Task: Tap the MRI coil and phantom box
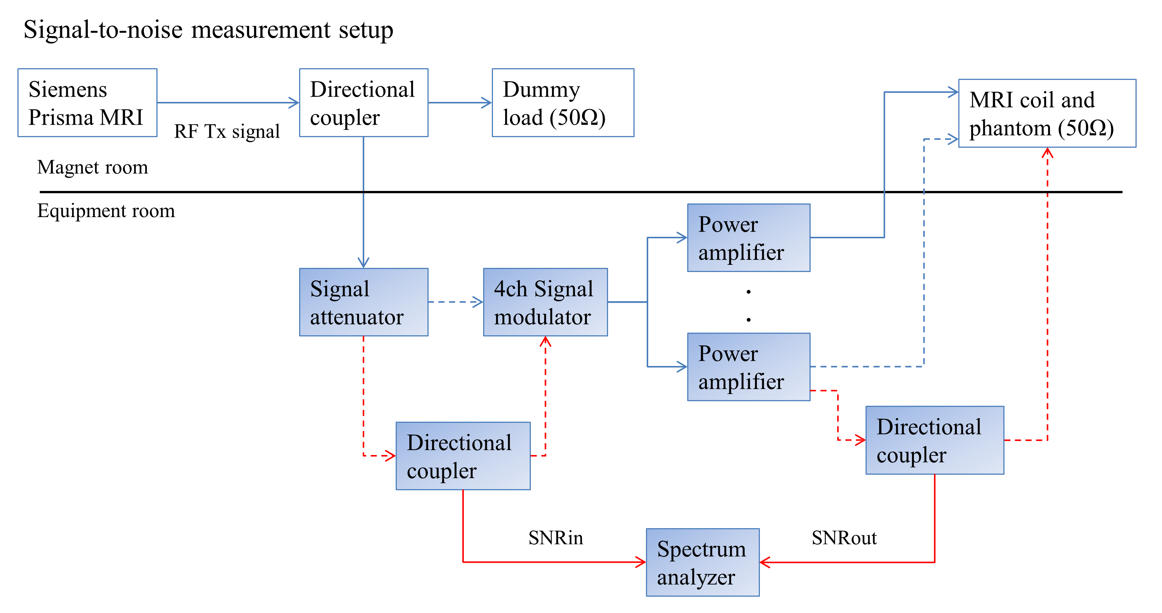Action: coord(1047,113)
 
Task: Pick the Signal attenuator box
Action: coord(363,302)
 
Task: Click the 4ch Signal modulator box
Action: coord(545,302)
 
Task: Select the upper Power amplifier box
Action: coord(749,238)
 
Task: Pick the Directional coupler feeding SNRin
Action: coord(463,456)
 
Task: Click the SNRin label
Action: coord(555,538)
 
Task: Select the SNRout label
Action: coord(844,538)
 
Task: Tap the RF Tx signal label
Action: coord(227,131)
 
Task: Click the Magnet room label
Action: coord(92,167)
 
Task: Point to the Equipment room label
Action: coord(106,211)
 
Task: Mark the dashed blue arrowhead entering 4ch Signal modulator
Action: coord(478,302)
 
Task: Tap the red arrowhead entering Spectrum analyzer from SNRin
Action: coord(641,562)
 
